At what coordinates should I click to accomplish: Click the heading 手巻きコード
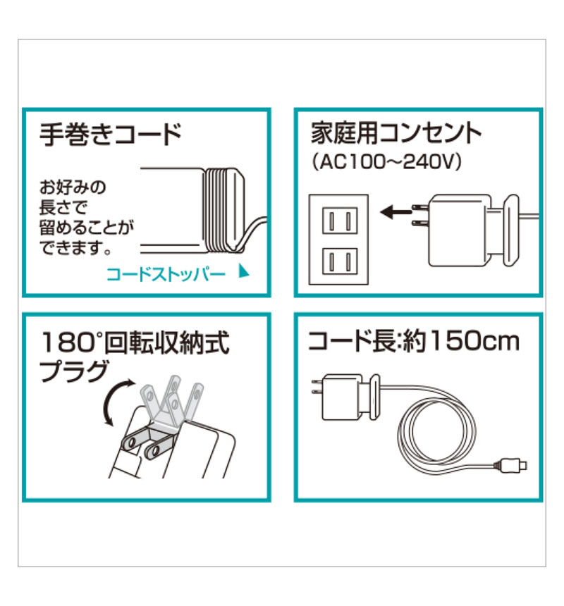pos(110,134)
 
